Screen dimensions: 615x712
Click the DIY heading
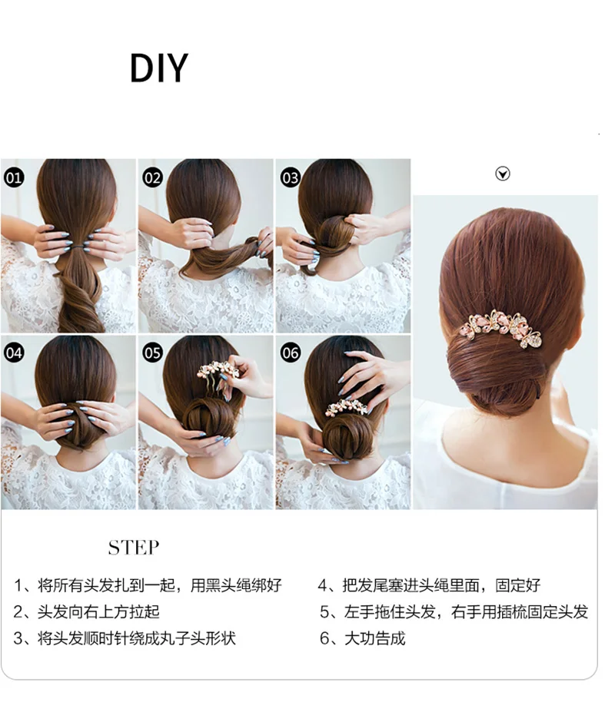[158, 68]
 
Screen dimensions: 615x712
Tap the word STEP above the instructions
[134, 548]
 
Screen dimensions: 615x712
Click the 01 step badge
[14, 177]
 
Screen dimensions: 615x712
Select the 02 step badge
[152, 177]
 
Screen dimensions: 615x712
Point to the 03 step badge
[290, 177]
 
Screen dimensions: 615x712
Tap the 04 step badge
[14, 353]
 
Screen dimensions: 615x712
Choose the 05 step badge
[152, 353]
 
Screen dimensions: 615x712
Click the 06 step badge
[290, 353]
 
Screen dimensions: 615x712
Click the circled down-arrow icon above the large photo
[502, 174]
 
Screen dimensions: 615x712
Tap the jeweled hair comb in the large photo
[501, 328]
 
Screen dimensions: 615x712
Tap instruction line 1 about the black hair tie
[148, 585]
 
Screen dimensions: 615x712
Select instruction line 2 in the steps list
[86, 611]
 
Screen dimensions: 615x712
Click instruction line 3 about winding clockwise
[125, 638]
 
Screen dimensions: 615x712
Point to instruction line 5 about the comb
[454, 611]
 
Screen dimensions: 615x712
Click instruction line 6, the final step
[363, 638]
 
